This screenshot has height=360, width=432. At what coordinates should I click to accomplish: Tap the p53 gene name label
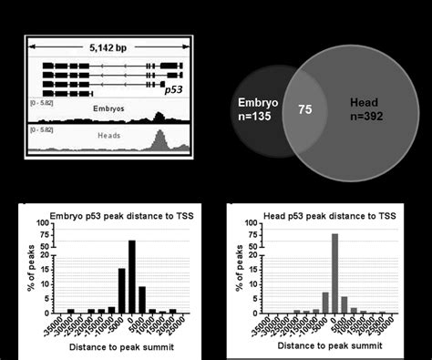(173, 90)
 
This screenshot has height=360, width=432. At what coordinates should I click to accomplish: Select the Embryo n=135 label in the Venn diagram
(257, 109)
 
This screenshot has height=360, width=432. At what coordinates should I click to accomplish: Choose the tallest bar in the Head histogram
(334, 273)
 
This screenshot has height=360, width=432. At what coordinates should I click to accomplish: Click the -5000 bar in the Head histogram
(324, 303)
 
